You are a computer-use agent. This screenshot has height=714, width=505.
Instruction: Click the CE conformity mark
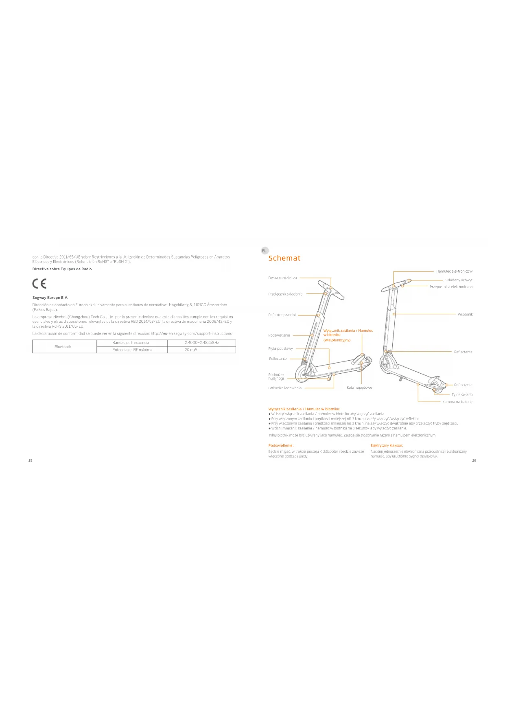tap(39, 284)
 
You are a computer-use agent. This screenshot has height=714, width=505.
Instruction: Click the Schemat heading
tap(284, 258)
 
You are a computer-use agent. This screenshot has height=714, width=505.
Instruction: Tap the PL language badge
tap(264, 251)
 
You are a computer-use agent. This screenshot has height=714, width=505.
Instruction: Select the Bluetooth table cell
tap(63, 347)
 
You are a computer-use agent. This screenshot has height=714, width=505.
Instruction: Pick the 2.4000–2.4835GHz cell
tap(202, 343)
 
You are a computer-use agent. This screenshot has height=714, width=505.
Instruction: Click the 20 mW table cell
tap(190, 350)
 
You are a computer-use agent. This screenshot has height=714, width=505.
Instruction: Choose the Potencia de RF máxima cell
tap(132, 350)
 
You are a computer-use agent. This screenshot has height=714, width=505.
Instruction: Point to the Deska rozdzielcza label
tap(282, 278)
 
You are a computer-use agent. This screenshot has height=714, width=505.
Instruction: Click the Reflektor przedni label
tap(282, 315)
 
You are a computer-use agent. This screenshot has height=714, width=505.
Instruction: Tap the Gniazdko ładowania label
tap(285, 388)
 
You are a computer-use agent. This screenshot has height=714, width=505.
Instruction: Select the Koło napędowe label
tap(359, 388)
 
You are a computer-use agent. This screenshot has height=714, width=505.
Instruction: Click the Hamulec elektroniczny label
tap(454, 271)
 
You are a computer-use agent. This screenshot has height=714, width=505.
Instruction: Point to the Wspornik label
tap(465, 314)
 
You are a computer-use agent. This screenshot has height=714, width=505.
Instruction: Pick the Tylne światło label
tap(462, 394)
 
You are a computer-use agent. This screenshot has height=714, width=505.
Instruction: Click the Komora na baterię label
tap(457, 402)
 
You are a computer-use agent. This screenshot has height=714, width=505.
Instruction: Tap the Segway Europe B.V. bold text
tap(50, 298)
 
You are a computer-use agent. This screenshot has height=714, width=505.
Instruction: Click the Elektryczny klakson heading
tap(387, 445)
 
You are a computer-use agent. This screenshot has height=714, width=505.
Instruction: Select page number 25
tap(30, 460)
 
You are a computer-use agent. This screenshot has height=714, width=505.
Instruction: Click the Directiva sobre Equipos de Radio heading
tap(62, 269)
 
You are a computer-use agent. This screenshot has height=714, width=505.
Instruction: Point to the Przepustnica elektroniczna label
tap(451, 287)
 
